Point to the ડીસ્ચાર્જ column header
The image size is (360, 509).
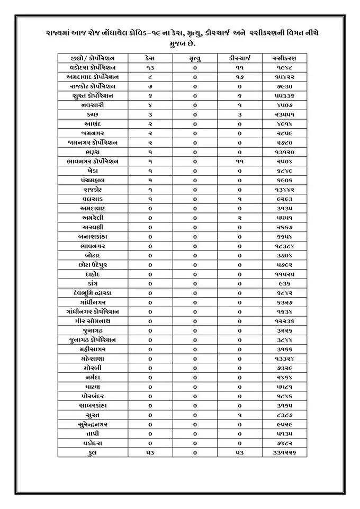[x=239, y=58]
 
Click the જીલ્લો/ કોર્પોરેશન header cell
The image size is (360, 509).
[x=93, y=58]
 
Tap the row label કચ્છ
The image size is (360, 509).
[x=93, y=114]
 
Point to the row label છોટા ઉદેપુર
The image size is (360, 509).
[x=93, y=265]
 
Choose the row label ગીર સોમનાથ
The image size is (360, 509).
[x=93, y=322]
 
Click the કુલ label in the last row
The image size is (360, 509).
[x=93, y=453]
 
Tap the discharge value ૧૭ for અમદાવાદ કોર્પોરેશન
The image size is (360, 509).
[x=239, y=77]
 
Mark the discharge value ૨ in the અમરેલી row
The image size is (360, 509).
[x=239, y=218]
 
